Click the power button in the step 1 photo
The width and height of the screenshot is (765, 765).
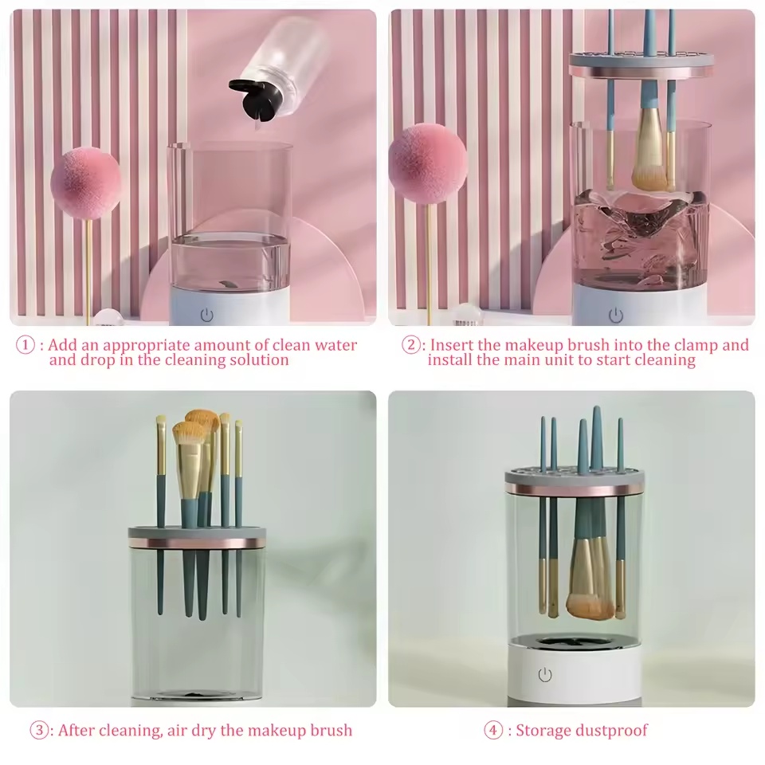207,315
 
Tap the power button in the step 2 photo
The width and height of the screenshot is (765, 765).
615,316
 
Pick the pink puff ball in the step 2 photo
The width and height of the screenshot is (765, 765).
427,163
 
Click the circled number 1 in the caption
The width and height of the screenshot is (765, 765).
27,346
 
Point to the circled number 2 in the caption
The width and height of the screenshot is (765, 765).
411,346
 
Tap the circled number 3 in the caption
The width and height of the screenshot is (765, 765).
40,730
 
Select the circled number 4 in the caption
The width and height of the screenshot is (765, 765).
495,730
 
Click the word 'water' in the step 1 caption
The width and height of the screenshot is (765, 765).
335,346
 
